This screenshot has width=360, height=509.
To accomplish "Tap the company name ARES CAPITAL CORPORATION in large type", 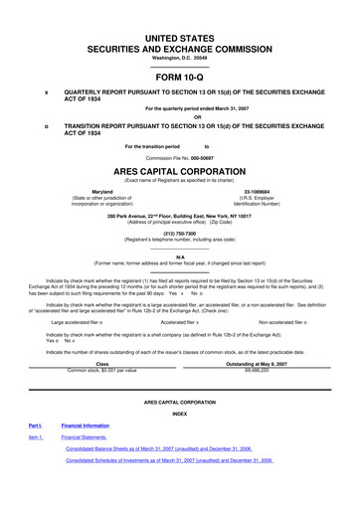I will [x=180, y=171].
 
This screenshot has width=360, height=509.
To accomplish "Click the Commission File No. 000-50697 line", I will [x=180, y=156].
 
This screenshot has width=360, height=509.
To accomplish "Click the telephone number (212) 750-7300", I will [x=180, y=235].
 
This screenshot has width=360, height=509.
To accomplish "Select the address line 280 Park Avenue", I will [x=180, y=213].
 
